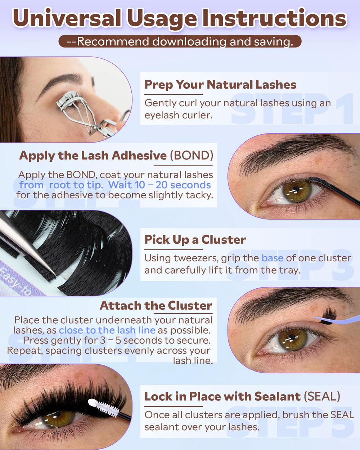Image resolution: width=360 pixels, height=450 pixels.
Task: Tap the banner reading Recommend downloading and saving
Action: pyautogui.click(x=180, y=41)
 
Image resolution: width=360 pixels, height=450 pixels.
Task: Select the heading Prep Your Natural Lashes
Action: pyautogui.click(x=220, y=85)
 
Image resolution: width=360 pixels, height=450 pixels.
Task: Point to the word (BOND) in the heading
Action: pyautogui.click(x=192, y=156)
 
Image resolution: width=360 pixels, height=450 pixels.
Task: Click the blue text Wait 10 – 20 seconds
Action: pyautogui.click(x=159, y=185)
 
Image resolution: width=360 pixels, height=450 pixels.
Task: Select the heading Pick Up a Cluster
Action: pyautogui.click(x=195, y=240)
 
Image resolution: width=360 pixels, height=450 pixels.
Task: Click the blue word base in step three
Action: pyautogui.click(x=272, y=258)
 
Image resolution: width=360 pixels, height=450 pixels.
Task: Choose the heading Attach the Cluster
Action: pyautogui.click(x=156, y=306)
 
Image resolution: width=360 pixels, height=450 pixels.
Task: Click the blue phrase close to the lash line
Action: pyautogui.click(x=107, y=330)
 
